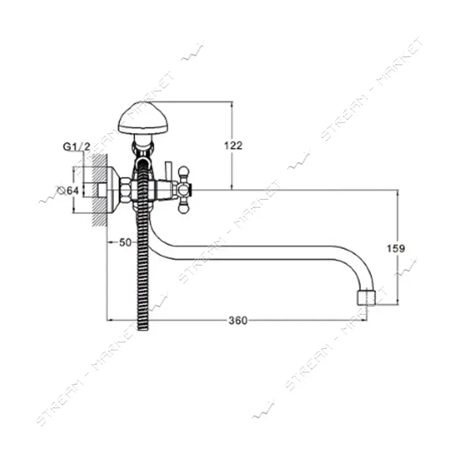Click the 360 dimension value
(238, 320)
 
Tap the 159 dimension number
(395, 248)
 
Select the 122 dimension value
(233, 146)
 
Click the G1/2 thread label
(77, 146)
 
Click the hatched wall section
(99, 190)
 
